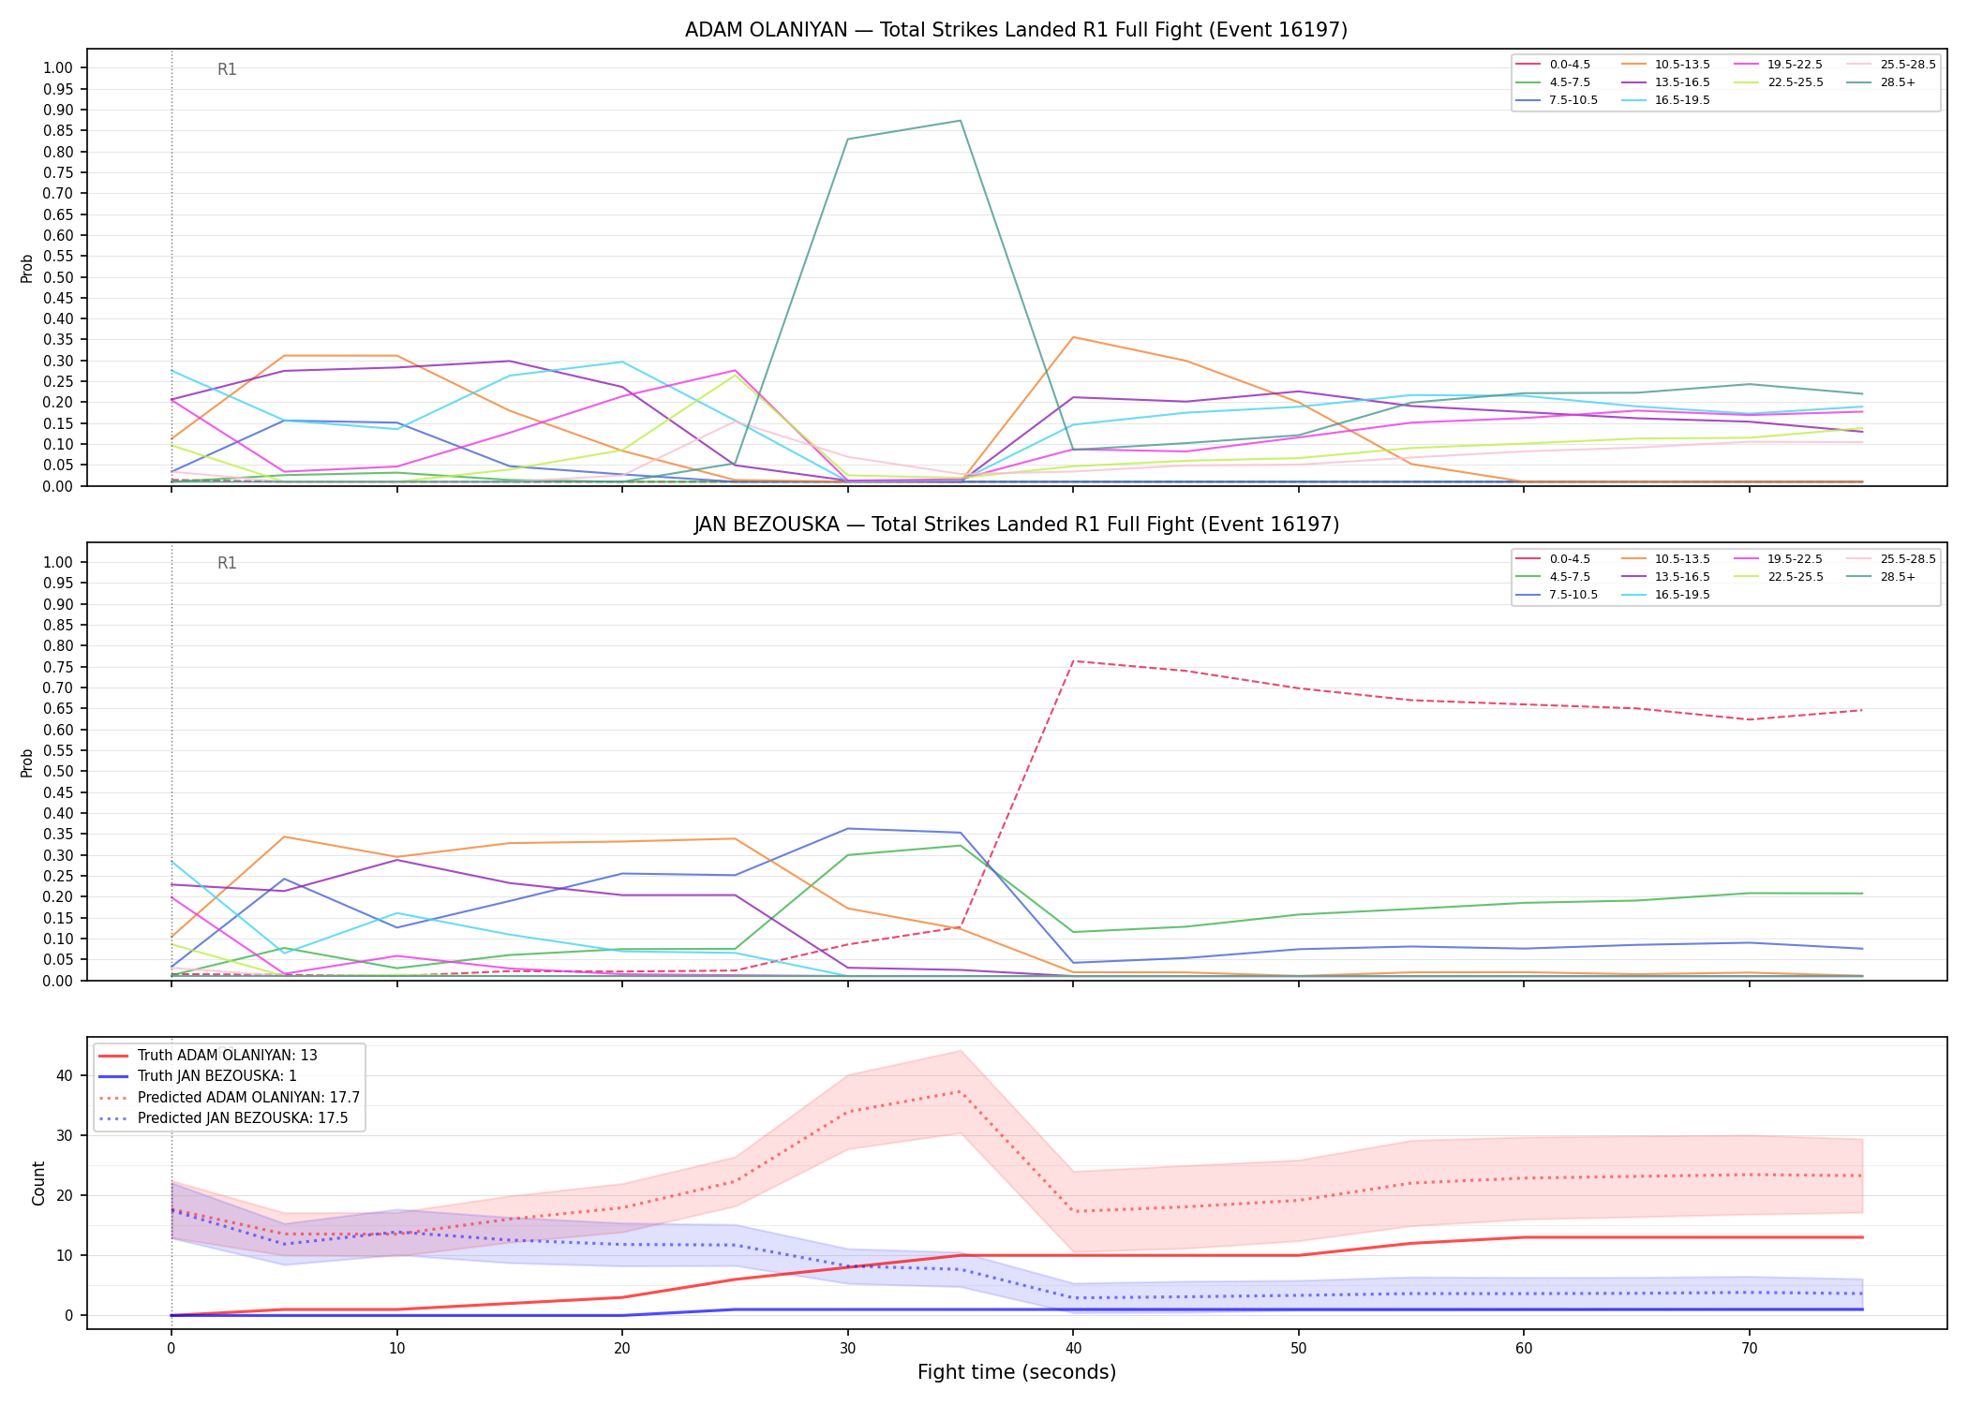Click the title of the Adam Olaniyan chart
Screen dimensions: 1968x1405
click(1016, 30)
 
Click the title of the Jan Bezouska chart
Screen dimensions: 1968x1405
click(1016, 525)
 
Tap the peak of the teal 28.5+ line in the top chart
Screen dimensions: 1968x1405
click(961, 121)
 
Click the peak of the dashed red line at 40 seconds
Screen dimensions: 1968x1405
click(1073, 661)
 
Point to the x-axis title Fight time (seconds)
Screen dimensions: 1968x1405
click(1017, 1372)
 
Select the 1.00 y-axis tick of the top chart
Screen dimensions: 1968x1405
click(58, 67)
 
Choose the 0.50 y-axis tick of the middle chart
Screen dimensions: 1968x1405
click(58, 772)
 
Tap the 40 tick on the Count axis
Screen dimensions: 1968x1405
click(65, 1075)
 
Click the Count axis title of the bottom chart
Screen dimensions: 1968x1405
click(38, 1183)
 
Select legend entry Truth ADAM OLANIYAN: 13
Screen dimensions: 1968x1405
click(228, 1056)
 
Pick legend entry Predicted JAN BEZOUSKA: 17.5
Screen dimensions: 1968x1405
click(230, 1118)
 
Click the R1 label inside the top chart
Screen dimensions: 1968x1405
click(227, 69)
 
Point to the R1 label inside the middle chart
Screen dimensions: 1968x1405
click(227, 563)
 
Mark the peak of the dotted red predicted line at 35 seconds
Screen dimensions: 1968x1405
click(961, 1091)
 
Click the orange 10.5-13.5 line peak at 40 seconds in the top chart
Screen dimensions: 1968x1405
click(1073, 337)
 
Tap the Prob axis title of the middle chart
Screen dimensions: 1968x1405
click(27, 762)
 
